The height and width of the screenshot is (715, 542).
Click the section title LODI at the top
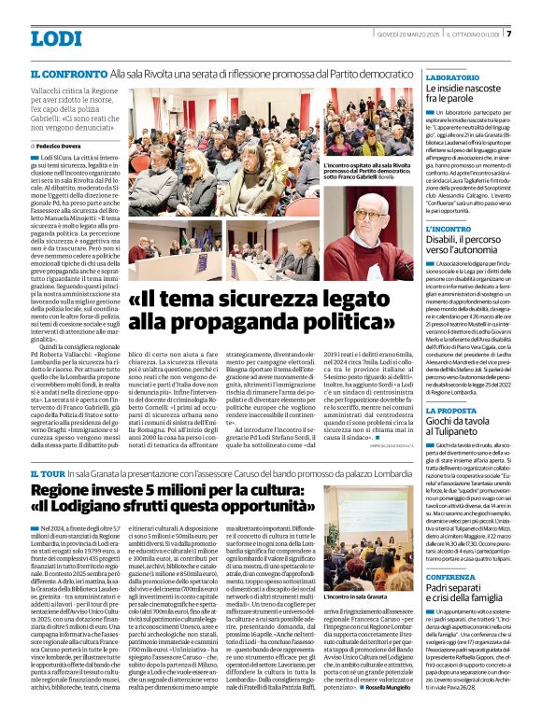56,38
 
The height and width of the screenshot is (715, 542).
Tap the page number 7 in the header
535,34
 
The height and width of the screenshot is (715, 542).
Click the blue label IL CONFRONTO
67,72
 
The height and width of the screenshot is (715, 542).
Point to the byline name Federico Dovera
61,147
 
